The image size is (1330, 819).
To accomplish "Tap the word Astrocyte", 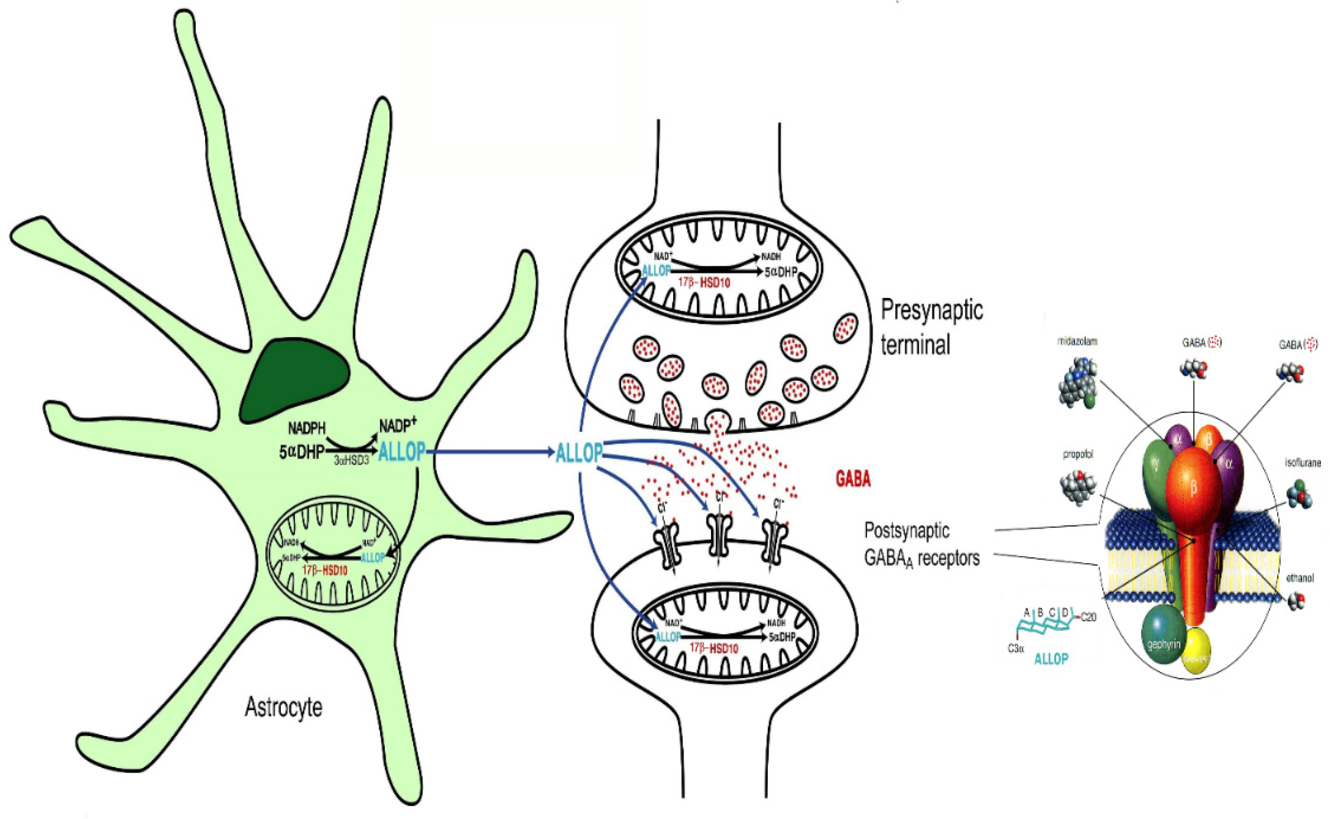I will click(283, 708).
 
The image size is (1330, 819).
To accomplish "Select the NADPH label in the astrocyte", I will click(307, 428).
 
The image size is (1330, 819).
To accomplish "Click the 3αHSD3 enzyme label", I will click(351, 462).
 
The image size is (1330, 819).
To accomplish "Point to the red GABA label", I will click(853, 479).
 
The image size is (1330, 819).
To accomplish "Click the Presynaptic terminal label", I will click(931, 327).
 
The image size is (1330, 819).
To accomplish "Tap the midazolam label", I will click(1077, 342).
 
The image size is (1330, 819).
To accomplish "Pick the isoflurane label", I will click(1302, 463).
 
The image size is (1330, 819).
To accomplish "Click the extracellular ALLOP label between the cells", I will click(579, 453).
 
